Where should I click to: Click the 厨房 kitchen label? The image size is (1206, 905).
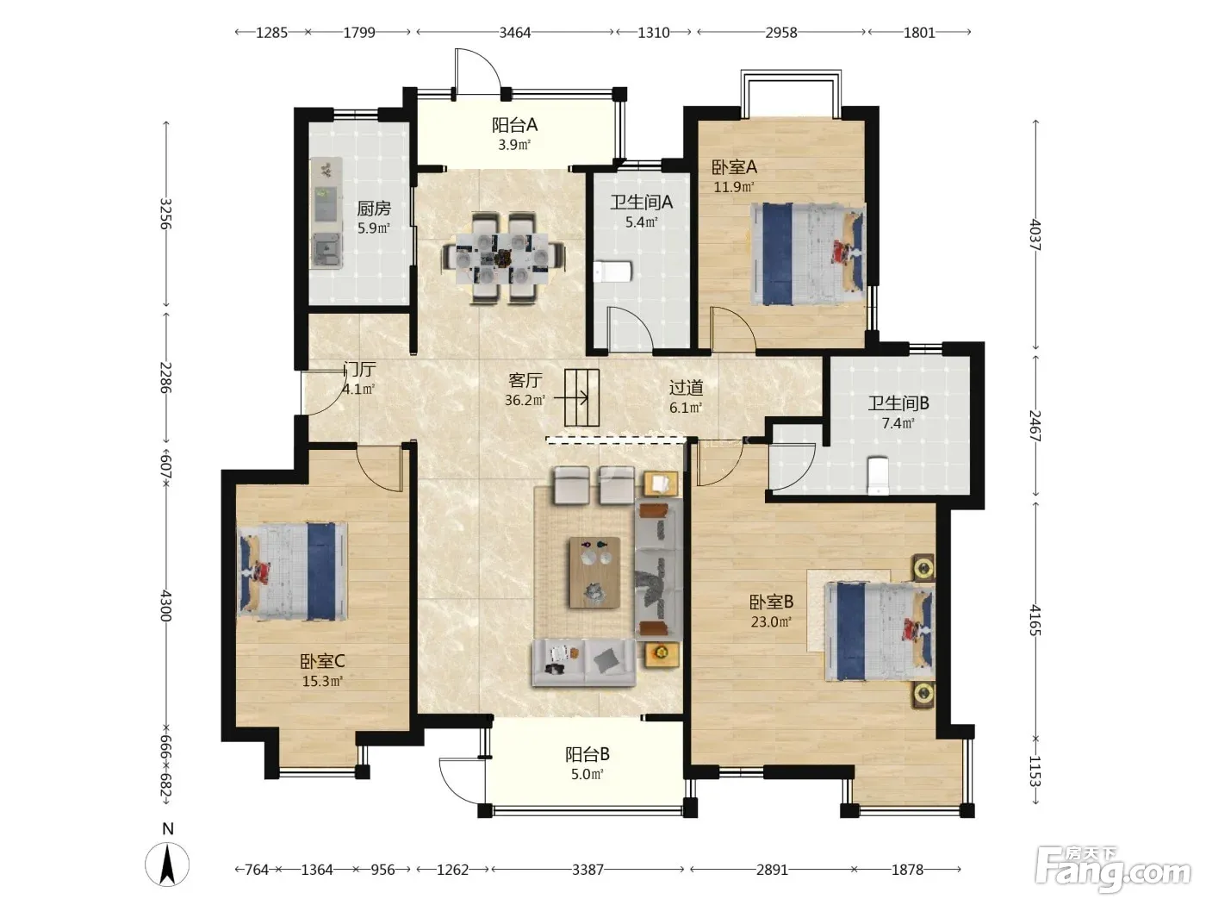coord(374,209)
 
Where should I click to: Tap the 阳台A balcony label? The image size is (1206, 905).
coord(514,125)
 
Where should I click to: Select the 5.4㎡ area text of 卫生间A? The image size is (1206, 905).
coord(641,222)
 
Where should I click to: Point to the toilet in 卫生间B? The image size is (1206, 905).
coord(878,475)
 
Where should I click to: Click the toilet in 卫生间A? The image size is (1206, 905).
coord(613,271)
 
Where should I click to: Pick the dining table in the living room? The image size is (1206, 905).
coord(503,257)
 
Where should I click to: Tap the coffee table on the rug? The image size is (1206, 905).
coord(595,572)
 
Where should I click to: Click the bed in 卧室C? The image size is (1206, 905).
coord(292,571)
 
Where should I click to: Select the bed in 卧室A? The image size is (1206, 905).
coord(807,253)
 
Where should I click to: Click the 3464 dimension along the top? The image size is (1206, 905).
coord(515,33)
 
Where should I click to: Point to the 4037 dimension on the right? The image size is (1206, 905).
coord(1035,234)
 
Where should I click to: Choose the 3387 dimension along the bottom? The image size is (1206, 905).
coord(587,870)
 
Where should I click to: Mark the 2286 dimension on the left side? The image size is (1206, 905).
coord(165,378)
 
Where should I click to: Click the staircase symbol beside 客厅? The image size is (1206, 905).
coord(581,397)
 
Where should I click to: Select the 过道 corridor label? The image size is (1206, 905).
coord(686,388)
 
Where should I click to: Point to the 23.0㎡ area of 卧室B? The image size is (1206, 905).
coord(771,622)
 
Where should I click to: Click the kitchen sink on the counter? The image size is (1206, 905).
coord(326,250)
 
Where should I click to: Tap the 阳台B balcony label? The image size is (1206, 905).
coord(587,754)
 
